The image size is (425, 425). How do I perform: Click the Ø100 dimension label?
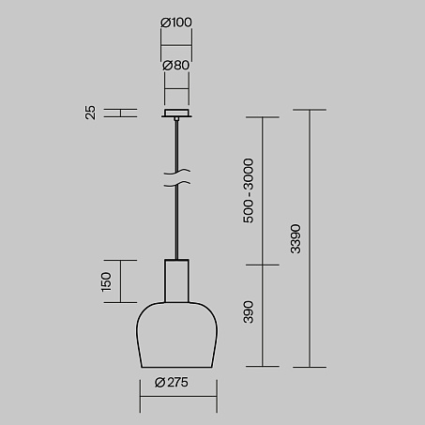pos(176,23)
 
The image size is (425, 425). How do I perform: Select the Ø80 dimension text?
pos(176,66)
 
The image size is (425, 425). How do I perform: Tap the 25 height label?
pos(90,113)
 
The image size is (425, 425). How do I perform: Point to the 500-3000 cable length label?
pos(249,190)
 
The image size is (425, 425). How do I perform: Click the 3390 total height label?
pos(296,238)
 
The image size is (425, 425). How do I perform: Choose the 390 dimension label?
pos(249,311)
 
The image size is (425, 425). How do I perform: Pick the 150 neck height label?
pos(106,281)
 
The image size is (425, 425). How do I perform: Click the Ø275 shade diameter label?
pos(172,382)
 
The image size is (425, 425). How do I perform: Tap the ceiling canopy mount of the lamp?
pos(176,114)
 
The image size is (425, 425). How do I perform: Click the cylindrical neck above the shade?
pos(176,281)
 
